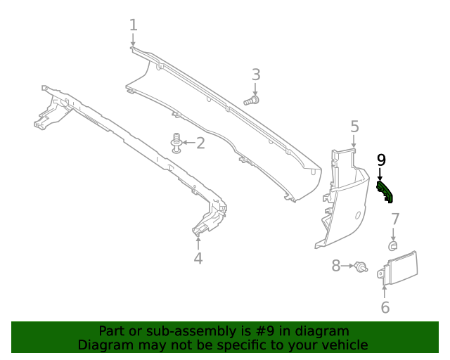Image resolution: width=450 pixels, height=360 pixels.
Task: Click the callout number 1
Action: pos(134,25)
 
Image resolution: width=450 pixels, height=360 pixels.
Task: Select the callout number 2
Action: pos(200,143)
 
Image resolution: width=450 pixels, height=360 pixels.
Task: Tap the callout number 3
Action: pos(256,75)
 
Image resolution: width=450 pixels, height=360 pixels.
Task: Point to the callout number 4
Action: pos(198,258)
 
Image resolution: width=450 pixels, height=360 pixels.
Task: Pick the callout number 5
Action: pos(354,127)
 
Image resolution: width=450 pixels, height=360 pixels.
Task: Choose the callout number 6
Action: pos(385,307)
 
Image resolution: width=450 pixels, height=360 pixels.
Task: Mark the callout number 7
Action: pos(395,219)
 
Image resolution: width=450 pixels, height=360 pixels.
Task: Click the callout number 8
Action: pos(336,266)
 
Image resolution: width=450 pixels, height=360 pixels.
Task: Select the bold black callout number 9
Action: pos(381,160)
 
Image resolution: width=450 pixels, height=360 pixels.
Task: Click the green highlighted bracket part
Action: pos(385,191)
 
